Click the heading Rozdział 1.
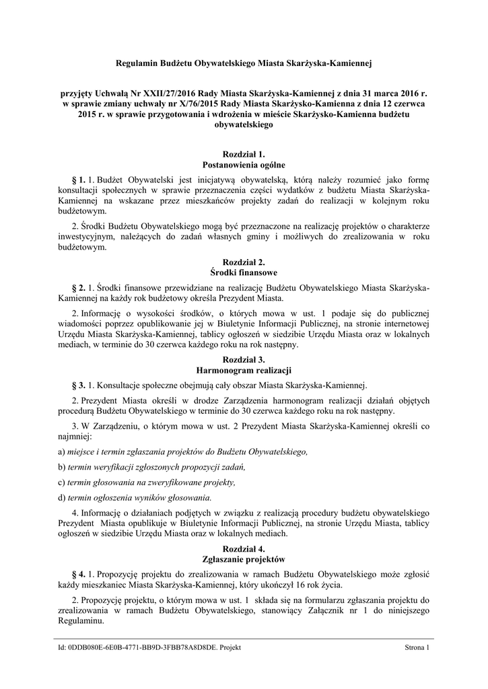click(x=244, y=154)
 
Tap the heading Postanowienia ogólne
click(x=244, y=164)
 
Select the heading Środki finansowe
click(x=244, y=273)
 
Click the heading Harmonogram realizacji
click(x=244, y=369)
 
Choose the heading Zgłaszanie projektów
click(x=244, y=558)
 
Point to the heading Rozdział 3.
click(x=244, y=359)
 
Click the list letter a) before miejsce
click(x=61, y=451)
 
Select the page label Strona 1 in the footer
click(x=417, y=647)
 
